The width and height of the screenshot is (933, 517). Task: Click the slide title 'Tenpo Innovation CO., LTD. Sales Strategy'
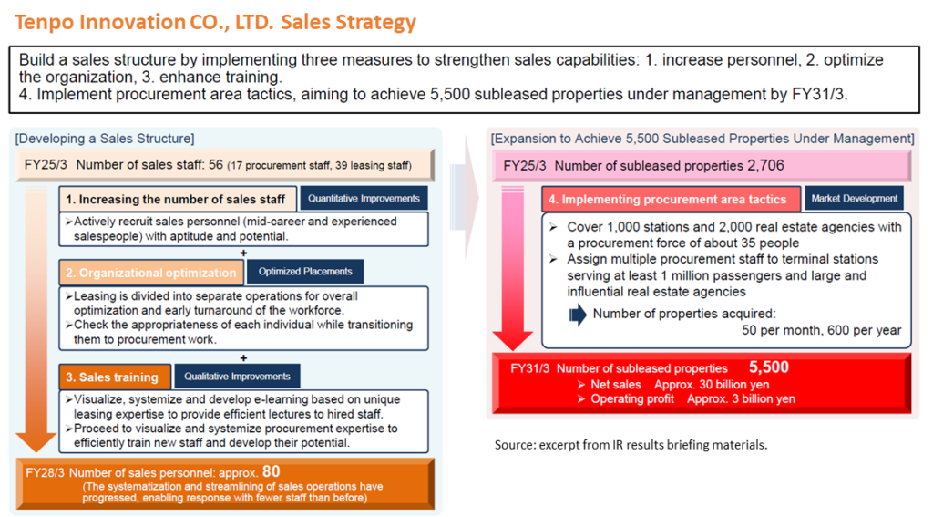click(x=215, y=22)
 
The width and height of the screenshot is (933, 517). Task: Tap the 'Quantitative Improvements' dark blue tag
click(x=364, y=199)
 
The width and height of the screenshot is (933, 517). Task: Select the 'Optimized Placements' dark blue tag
click(x=305, y=272)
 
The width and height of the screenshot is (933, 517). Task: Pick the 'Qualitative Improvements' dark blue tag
click(x=237, y=377)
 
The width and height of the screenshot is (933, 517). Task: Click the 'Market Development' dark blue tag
click(x=854, y=199)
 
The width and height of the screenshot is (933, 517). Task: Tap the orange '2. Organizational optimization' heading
click(x=151, y=273)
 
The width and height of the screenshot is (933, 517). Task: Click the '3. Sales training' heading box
click(x=115, y=377)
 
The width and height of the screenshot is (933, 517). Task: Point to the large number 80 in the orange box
click(x=271, y=471)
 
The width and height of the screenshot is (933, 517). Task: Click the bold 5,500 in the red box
click(x=769, y=367)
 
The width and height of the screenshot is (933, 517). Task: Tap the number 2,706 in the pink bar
click(x=765, y=166)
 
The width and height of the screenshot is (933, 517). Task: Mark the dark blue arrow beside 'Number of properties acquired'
click(x=577, y=315)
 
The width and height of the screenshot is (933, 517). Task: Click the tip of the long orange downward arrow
click(x=36, y=452)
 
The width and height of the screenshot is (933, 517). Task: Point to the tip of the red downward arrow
click(x=512, y=350)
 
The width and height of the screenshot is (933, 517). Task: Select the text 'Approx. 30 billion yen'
click(x=712, y=385)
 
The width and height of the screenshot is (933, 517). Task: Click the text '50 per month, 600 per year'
click(x=821, y=330)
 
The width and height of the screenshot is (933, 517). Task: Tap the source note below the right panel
click(x=631, y=445)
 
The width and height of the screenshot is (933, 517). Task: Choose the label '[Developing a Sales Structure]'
click(x=105, y=139)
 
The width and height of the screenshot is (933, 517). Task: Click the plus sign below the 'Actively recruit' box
click(x=243, y=253)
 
